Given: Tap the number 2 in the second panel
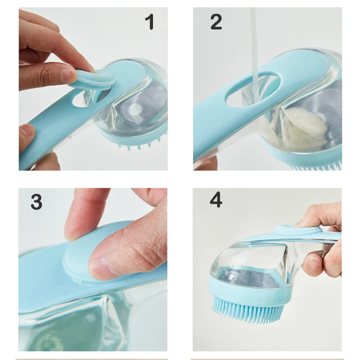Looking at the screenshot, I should click(216, 22).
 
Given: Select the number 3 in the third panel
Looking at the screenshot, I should click(36, 202).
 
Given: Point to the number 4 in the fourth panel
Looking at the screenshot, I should click(216, 200).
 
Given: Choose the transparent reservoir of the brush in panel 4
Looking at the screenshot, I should click(252, 261).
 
